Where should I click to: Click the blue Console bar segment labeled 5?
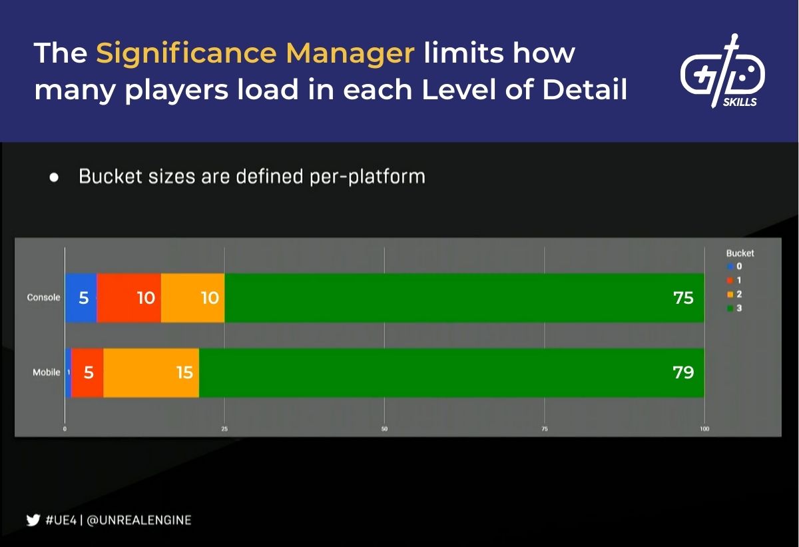click(81, 298)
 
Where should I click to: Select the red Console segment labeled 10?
click(129, 298)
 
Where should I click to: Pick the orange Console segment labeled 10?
click(193, 298)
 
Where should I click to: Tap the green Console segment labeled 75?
click(464, 298)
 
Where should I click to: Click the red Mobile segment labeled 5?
click(87, 372)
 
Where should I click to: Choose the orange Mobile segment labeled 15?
click(151, 372)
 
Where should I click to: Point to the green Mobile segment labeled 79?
click(451, 372)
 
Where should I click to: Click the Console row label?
click(43, 298)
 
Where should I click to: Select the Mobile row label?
click(47, 372)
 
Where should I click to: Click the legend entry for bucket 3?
click(734, 308)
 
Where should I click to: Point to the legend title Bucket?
click(740, 253)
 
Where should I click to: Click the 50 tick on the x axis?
click(384, 429)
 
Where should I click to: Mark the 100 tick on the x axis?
click(704, 429)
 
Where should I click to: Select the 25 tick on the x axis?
click(224, 429)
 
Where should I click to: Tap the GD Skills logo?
click(722, 72)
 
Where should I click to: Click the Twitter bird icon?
click(33, 520)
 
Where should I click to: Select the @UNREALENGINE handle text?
click(139, 520)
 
